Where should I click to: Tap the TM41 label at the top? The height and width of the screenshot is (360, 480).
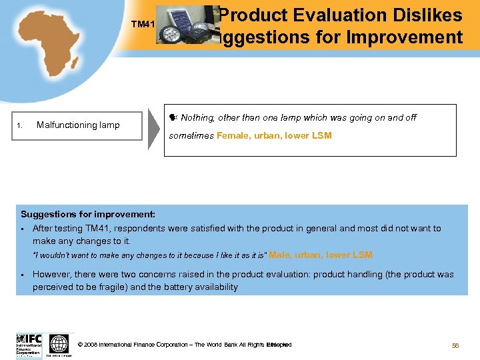click(143, 25)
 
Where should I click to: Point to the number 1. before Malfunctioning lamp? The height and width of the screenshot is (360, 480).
click(21, 125)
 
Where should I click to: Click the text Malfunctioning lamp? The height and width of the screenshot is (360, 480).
click(78, 125)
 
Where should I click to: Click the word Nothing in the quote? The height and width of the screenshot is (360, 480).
click(197, 118)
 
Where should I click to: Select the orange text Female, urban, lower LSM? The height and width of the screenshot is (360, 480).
click(273, 135)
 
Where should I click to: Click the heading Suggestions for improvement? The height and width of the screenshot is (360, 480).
click(88, 214)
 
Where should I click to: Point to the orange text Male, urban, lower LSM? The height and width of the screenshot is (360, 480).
click(321, 255)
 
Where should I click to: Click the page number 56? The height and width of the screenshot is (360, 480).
click(456, 345)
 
